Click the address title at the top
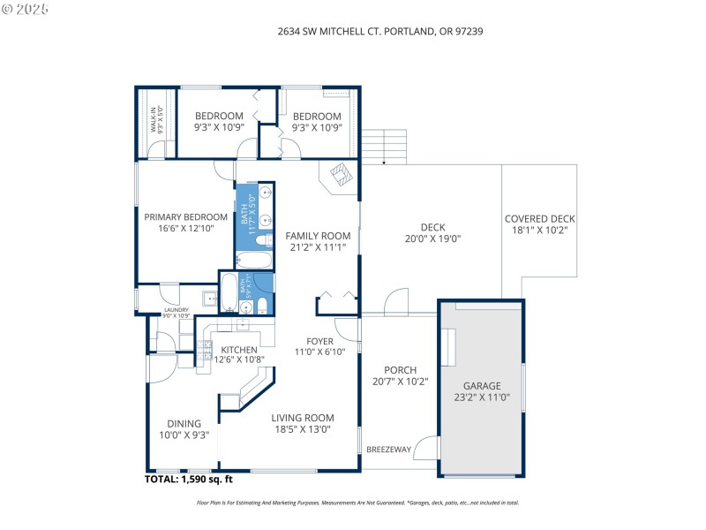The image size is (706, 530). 379,31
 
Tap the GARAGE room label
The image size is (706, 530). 483,386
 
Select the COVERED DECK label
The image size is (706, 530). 539,219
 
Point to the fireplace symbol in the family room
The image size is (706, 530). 340,173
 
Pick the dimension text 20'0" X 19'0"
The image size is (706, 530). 432,238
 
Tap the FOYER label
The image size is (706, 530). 319,341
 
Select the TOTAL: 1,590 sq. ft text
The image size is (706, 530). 188,480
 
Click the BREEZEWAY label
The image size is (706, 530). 388,450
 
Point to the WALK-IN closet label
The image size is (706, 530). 152,119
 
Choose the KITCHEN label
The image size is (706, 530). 239,350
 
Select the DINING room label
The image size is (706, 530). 184,423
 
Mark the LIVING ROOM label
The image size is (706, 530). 302,418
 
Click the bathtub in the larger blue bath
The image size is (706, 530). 254,261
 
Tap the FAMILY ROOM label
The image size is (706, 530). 318,236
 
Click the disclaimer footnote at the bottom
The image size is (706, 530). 357,503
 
